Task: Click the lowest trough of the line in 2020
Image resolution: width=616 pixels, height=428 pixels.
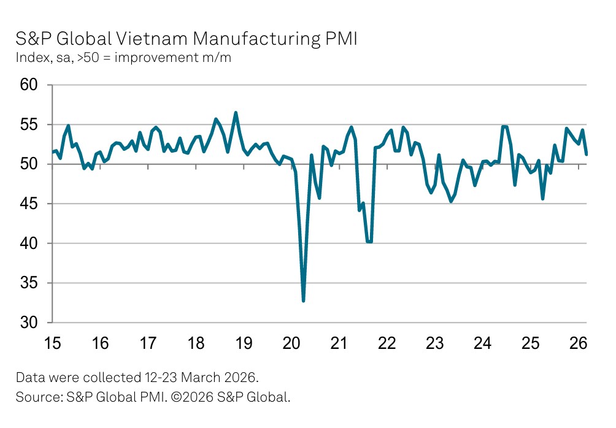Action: coord(303,300)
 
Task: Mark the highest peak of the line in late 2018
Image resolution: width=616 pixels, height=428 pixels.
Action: coord(236,113)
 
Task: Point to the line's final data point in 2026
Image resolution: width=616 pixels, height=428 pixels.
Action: coord(586,154)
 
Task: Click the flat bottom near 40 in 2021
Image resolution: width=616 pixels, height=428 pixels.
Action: coord(369,242)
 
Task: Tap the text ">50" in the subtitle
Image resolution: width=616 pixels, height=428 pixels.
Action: coord(87,59)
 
